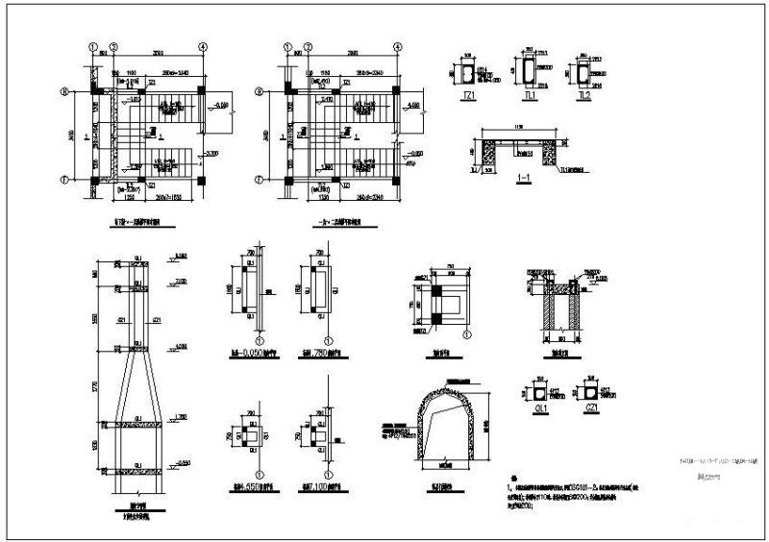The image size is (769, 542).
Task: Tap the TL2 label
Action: [583, 98]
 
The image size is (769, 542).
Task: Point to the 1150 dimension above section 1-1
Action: [519, 128]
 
